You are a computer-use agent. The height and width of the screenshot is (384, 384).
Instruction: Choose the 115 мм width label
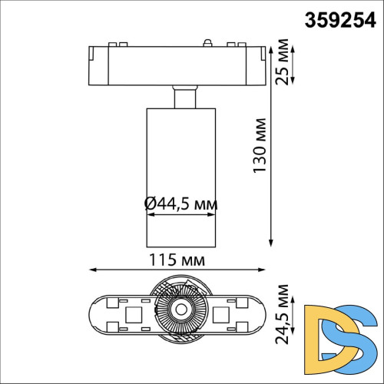click(178, 260)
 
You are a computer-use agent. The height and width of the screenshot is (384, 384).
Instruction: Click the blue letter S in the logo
click(359, 336)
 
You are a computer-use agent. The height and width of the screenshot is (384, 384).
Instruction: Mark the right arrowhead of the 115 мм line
click(266, 270)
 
